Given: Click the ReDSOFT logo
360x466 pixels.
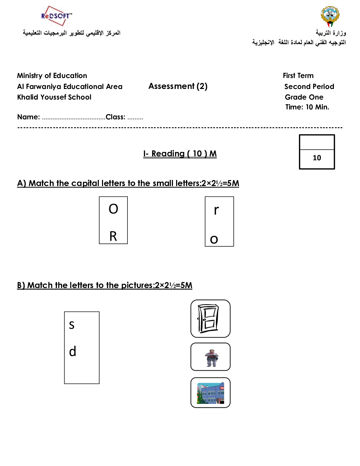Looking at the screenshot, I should click(x=56, y=16).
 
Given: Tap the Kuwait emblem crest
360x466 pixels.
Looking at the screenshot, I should click(x=330, y=16).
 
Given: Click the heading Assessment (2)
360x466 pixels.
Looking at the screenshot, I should click(x=178, y=86).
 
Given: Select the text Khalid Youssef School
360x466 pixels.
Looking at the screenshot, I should click(x=54, y=97).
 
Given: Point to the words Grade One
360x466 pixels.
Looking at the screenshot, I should click(x=304, y=97).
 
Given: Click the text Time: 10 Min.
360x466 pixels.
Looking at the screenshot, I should click(x=307, y=107).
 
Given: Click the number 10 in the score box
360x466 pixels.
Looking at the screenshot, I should click(x=317, y=158).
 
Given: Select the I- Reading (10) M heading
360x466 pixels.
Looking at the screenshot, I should click(x=180, y=154).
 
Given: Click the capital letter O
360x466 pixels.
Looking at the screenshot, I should click(x=113, y=209).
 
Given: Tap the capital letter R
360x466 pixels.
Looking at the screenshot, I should click(x=113, y=236).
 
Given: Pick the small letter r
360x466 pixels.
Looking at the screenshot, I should click(x=216, y=210).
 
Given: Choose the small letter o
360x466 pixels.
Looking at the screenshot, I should click(x=214, y=239).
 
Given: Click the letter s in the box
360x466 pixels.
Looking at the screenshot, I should click(x=72, y=325).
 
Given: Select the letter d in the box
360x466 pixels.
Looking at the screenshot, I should click(x=72, y=351).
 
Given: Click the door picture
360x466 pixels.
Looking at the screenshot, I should click(x=210, y=318).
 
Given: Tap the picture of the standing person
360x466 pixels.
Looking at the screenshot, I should click(x=211, y=357).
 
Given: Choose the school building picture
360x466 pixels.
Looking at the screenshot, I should click(x=211, y=393).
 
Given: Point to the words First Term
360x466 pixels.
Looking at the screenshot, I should click(x=298, y=76).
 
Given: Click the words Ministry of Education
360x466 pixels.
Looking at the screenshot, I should click(x=52, y=76).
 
